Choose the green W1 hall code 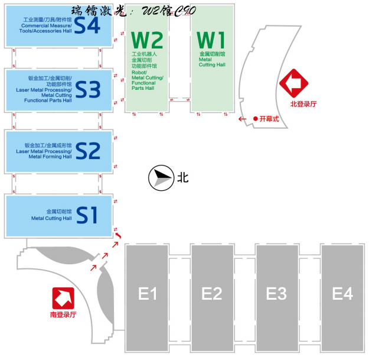point(211,40)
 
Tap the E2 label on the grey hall point(211,293)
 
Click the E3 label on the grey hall point(276,293)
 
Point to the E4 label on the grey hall point(342,293)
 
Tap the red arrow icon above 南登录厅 point(63,297)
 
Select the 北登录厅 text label point(303,104)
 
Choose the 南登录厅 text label point(63,314)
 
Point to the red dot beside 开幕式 point(255,119)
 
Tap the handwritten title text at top point(133,10)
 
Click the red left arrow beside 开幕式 point(243,119)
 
